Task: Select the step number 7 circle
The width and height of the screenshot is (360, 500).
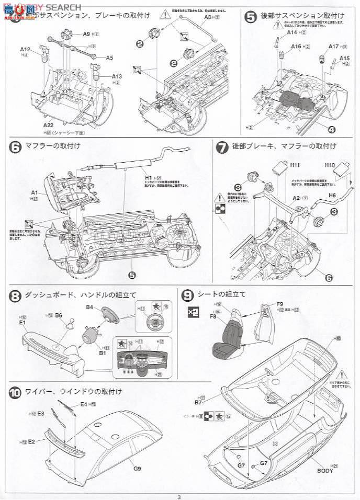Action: point(222,147)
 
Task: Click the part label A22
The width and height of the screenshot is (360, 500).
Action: point(49,126)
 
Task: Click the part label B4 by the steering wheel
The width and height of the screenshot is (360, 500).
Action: point(90,308)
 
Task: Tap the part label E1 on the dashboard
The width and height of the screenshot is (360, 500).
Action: point(22,323)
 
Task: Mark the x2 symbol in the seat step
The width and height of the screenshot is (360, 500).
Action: point(193,312)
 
